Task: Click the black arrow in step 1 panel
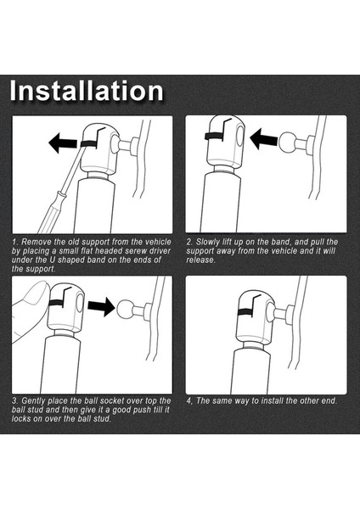click(63, 143)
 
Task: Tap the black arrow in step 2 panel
click(264, 138)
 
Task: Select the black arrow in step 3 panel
click(101, 306)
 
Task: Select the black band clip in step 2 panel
click(215, 137)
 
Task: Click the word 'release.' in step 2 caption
click(200, 260)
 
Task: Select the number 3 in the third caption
click(15, 401)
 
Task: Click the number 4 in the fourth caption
click(189, 401)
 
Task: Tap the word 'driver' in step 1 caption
click(160, 251)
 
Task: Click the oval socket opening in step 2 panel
click(239, 136)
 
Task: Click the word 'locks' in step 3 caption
click(21, 419)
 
